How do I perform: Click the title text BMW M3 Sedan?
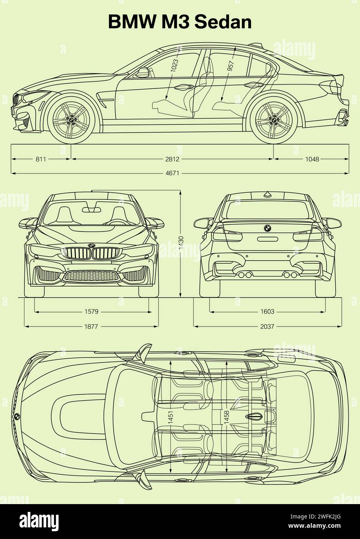pyautogui.click(x=180, y=22)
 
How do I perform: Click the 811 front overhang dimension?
pyautogui.click(x=41, y=159)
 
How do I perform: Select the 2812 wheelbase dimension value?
pyautogui.click(x=173, y=159)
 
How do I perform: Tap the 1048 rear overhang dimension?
pyautogui.click(x=312, y=159)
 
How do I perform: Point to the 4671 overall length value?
pyautogui.click(x=173, y=173)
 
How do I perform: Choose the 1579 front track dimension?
pyautogui.click(x=92, y=311)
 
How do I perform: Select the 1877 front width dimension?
pyautogui.click(x=92, y=327)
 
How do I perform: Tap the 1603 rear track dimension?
pyautogui.click(x=267, y=311)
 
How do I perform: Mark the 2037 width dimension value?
pyautogui.click(x=267, y=327)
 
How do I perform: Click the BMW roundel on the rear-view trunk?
pyautogui.click(x=267, y=228)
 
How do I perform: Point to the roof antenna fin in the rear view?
pyautogui.click(x=267, y=194)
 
